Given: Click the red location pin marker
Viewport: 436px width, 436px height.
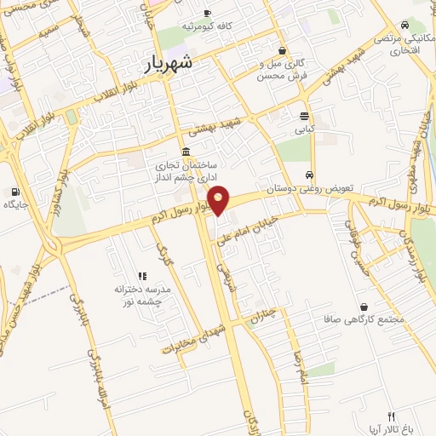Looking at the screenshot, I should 220,199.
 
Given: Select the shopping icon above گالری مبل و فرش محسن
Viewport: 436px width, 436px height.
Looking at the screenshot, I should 282,50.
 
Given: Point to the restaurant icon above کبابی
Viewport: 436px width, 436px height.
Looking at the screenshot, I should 304,117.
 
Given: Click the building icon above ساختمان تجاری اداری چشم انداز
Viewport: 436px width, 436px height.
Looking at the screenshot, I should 185,151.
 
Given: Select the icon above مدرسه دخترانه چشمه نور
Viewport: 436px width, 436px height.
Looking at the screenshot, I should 142,276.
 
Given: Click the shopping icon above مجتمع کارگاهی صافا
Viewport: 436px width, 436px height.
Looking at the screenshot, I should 364,307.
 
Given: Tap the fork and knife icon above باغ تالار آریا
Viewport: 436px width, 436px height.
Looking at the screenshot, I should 392,416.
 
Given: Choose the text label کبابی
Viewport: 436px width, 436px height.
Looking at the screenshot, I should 304,131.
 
